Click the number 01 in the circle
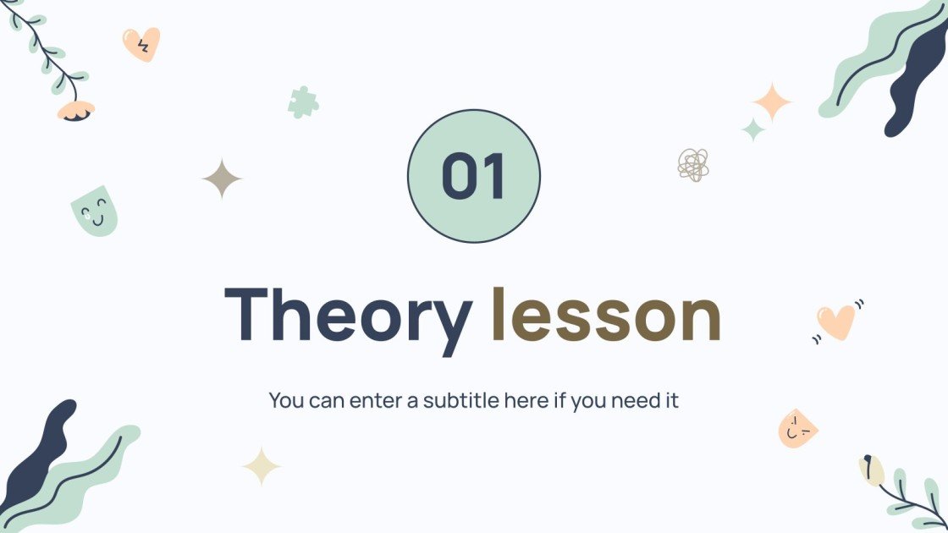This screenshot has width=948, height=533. (x=473, y=176)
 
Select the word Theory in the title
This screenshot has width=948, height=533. (x=347, y=316)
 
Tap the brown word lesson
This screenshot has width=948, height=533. (x=605, y=316)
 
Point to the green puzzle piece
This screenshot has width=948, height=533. (x=302, y=102)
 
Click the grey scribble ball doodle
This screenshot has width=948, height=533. (x=693, y=164)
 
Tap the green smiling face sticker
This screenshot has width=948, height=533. (x=95, y=211)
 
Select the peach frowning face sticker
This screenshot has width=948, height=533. (x=796, y=429)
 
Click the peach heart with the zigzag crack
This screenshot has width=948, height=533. (x=141, y=44)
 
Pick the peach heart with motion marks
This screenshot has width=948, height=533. (x=837, y=321)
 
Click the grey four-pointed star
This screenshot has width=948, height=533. (x=222, y=179)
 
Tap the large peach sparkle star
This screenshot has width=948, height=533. (x=772, y=103)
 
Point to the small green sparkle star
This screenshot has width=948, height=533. (x=752, y=129)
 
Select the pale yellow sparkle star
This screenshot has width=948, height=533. (x=262, y=465)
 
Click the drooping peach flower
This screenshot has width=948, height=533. (x=76, y=111)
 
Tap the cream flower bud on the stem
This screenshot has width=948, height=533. (x=870, y=470)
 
